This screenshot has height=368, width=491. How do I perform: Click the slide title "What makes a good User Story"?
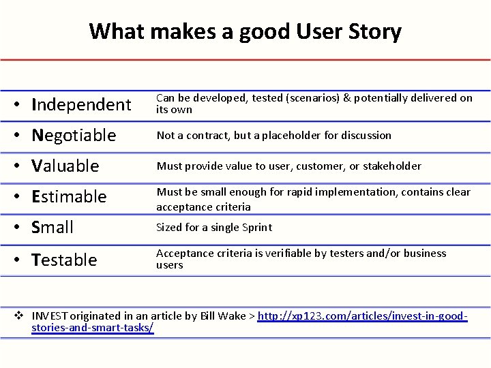pyautogui.click(x=245, y=31)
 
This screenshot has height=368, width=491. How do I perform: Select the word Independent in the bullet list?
pyautogui.click(x=81, y=104)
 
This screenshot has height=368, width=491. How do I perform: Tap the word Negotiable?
pyautogui.click(x=74, y=135)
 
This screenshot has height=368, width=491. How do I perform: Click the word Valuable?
pyautogui.click(x=66, y=166)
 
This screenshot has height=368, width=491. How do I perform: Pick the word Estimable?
pyautogui.click(x=70, y=196)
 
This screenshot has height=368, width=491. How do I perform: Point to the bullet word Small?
pyautogui.click(x=53, y=227)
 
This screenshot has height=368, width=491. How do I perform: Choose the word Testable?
pyautogui.click(x=65, y=259)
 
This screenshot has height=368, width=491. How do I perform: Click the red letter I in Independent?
pyautogui.click(x=35, y=104)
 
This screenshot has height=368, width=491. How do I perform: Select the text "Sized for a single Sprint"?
pyautogui.click(x=214, y=228)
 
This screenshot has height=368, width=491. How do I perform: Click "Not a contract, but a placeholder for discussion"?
pyautogui.click(x=273, y=135)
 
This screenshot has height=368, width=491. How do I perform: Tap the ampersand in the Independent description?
pyautogui.click(x=347, y=98)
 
